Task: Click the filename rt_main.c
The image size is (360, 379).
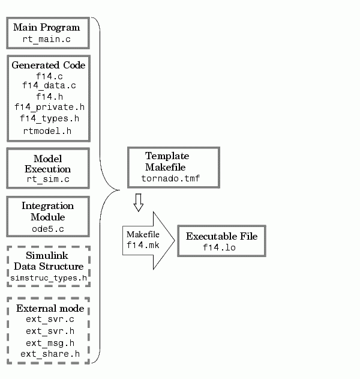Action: [x=47, y=39]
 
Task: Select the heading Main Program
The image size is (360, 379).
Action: [x=47, y=27]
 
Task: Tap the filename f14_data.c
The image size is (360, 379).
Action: [x=49, y=85]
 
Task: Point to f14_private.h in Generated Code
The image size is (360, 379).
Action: [x=49, y=107]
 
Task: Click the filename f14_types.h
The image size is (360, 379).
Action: [x=49, y=118]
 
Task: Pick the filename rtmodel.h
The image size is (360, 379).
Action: [x=47, y=131]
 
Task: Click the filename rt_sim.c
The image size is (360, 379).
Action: [x=48, y=179]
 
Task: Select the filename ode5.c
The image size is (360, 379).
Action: [x=48, y=229]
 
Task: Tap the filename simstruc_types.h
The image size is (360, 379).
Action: [x=49, y=278]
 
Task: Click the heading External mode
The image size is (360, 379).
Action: [x=50, y=308]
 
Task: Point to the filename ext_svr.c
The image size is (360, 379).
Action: [x=50, y=320]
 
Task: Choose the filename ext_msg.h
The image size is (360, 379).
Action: [x=50, y=343]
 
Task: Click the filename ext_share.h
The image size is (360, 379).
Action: [x=50, y=354]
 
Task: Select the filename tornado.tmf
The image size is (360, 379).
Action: [x=171, y=178]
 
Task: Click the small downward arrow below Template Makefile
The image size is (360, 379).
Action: [x=139, y=202]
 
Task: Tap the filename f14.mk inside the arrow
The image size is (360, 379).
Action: [x=143, y=245]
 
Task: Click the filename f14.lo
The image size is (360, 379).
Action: [x=219, y=247]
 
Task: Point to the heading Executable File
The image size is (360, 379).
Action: [x=221, y=236]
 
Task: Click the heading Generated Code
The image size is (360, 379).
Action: [x=49, y=65]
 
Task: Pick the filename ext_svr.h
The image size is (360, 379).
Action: [x=50, y=331]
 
